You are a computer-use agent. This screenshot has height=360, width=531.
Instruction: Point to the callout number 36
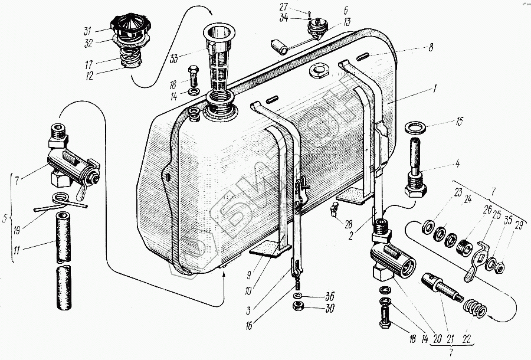point(329,296)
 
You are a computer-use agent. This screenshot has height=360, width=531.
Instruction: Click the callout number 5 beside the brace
point(5,219)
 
